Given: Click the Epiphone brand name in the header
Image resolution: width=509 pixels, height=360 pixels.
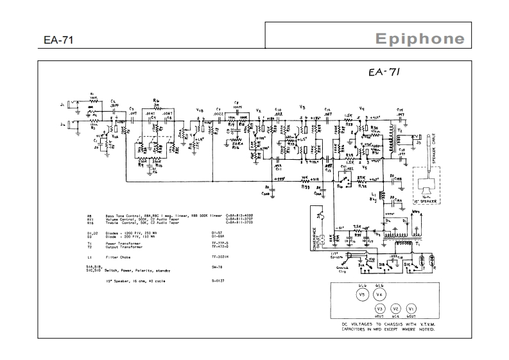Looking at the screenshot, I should (x=420, y=39).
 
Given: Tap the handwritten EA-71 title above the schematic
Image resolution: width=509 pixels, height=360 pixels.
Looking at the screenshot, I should (x=386, y=73).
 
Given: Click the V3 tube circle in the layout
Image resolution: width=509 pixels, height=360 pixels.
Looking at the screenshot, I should (x=379, y=308).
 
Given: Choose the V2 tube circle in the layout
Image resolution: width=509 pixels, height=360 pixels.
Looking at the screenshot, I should (x=395, y=308).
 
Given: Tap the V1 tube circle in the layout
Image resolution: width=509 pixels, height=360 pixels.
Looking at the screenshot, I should (x=412, y=308).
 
